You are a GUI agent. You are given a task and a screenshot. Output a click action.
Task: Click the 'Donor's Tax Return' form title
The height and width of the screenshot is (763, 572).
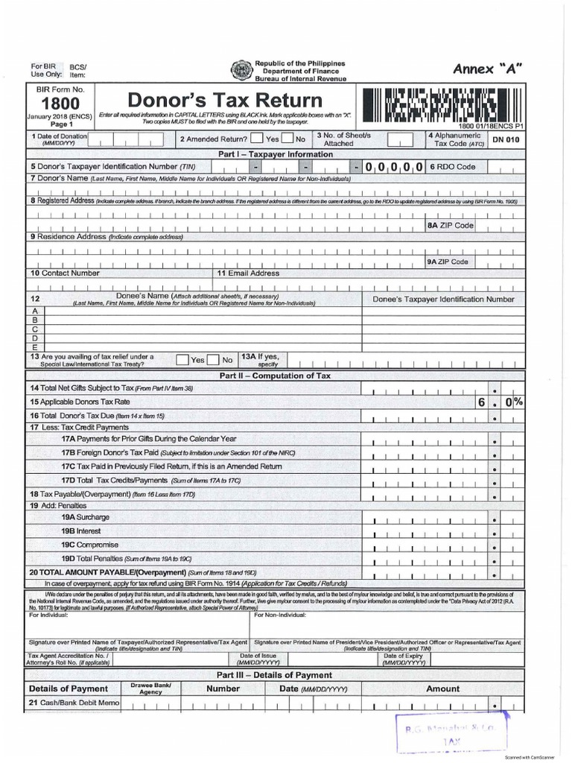[x=226, y=100]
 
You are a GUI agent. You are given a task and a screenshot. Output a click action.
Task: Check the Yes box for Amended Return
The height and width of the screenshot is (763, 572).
[x=257, y=139]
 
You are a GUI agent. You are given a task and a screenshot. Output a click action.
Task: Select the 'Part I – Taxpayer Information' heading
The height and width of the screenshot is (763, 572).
[x=276, y=154]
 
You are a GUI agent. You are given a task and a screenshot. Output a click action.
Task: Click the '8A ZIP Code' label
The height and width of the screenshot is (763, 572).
[x=450, y=225]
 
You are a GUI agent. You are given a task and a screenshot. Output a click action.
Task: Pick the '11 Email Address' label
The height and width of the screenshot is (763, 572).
[x=248, y=273]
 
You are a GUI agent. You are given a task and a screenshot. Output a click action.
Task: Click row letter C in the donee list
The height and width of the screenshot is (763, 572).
[x=34, y=329]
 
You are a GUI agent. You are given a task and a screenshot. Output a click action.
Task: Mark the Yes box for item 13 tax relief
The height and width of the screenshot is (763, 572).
[x=182, y=359]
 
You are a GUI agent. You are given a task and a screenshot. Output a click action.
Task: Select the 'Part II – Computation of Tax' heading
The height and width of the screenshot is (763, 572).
[x=275, y=376]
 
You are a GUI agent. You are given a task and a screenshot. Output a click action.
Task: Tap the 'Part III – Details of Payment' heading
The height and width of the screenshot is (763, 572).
[x=274, y=674]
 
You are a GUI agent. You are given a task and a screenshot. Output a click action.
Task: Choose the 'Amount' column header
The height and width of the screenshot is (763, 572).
[x=442, y=689]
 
